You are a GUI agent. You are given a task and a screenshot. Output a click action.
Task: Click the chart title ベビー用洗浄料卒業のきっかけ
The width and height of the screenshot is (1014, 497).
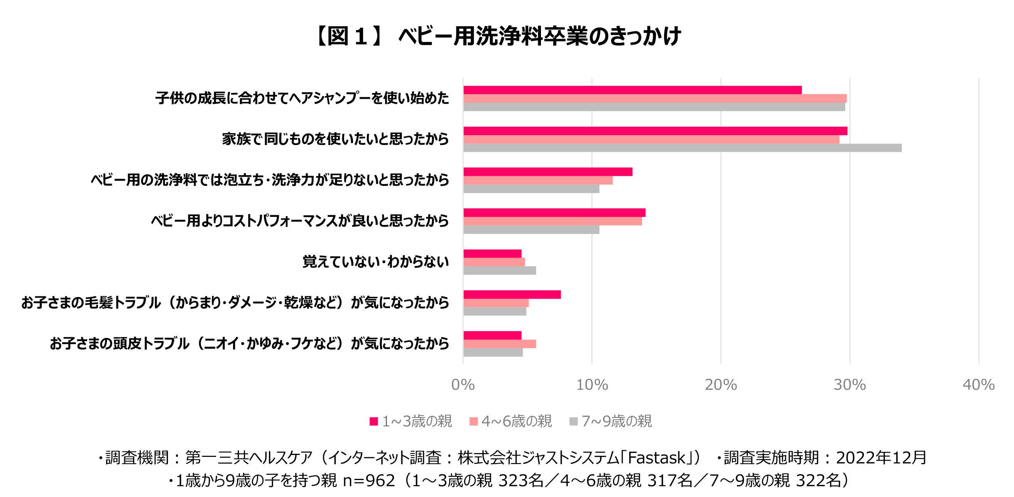[x=539, y=36]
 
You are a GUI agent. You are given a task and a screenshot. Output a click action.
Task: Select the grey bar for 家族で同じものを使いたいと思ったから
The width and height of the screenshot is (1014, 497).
[x=682, y=148]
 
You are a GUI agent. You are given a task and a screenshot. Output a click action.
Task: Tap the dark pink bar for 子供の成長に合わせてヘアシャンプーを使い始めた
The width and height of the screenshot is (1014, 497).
[x=632, y=90]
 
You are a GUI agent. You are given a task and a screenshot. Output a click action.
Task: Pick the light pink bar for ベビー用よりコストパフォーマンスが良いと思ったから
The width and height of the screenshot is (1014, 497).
[x=552, y=221]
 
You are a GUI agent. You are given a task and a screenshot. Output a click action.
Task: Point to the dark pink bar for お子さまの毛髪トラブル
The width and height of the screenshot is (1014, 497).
[x=512, y=294]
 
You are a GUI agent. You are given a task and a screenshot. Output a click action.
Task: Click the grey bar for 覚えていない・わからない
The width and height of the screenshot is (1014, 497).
[x=500, y=270]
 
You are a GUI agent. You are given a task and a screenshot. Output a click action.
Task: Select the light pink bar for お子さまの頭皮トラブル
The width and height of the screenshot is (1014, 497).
[x=500, y=344]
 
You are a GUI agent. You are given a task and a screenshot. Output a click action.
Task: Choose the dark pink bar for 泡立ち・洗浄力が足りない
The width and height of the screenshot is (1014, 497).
[x=548, y=172]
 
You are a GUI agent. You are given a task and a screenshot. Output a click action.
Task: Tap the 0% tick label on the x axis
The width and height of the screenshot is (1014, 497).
[x=463, y=384]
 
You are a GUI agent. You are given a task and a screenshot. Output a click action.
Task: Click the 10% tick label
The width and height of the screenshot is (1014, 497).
[x=591, y=384]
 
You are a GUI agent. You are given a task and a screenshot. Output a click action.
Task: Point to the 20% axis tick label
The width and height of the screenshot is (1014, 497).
[x=720, y=384]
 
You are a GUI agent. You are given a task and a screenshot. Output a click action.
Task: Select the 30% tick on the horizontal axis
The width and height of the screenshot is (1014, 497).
[x=850, y=384]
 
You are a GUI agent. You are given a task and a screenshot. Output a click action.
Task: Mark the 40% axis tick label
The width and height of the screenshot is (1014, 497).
[x=978, y=384]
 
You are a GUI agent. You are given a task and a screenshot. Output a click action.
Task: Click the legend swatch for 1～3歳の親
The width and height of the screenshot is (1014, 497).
[x=373, y=421]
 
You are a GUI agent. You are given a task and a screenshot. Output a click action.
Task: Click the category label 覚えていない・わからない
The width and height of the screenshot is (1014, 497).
[x=375, y=262]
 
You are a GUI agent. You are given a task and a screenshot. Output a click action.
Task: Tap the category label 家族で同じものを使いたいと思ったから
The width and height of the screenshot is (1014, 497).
[x=335, y=139]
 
